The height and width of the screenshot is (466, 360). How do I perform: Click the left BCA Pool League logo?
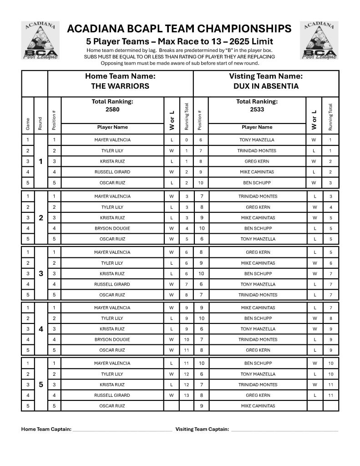41,41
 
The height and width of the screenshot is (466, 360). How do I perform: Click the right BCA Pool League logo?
319,41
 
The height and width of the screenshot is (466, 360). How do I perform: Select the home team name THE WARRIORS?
120,86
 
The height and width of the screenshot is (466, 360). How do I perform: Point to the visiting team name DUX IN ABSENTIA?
266,86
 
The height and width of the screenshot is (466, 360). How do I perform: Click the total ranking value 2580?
112,109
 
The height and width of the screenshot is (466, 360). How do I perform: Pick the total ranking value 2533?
257,109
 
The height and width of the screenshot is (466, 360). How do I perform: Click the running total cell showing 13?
186,395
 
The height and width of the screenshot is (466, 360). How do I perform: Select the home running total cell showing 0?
186,140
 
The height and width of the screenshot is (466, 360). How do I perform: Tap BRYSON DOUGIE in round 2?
112,228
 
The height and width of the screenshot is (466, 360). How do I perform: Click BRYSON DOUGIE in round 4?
112,339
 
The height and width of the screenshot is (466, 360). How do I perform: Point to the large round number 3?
41,274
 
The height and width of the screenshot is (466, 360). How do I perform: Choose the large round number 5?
41,384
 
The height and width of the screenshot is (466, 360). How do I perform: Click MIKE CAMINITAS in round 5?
258,406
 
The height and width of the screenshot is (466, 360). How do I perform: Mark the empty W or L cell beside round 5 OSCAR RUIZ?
172,406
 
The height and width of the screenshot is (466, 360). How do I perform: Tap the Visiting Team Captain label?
202,429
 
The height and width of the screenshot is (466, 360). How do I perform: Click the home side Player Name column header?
112,127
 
